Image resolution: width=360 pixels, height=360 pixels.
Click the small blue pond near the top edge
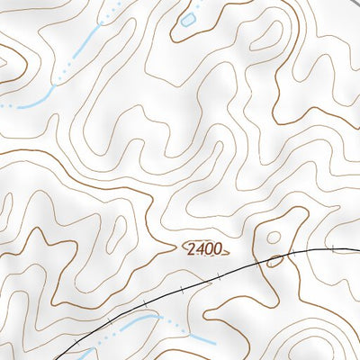pyautogui.click(x=188, y=19)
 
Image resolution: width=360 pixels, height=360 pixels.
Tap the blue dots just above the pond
pyautogui.click(x=193, y=5)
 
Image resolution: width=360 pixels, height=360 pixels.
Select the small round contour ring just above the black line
pyautogui.click(x=274, y=239)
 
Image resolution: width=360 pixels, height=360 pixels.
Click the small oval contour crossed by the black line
pyautogui.click(x=274, y=262)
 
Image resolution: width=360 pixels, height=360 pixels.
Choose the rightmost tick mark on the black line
pyautogui.click(x=332, y=247)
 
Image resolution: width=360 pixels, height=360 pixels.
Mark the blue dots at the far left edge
pyautogui.click(x=5, y=106)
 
